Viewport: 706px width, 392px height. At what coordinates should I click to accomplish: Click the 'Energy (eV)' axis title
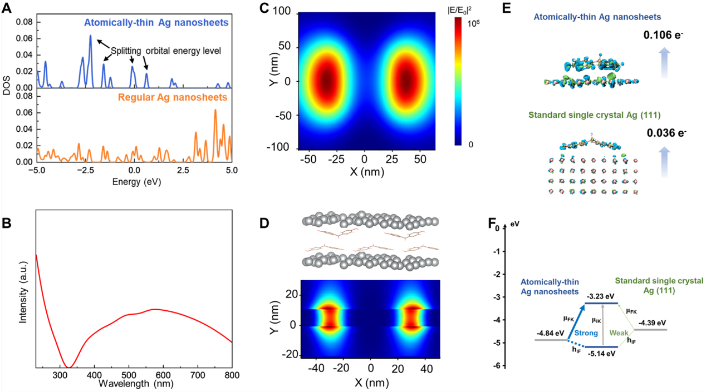tap(134, 181)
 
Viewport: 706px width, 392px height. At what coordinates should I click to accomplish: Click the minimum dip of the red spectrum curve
tap(68, 367)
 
